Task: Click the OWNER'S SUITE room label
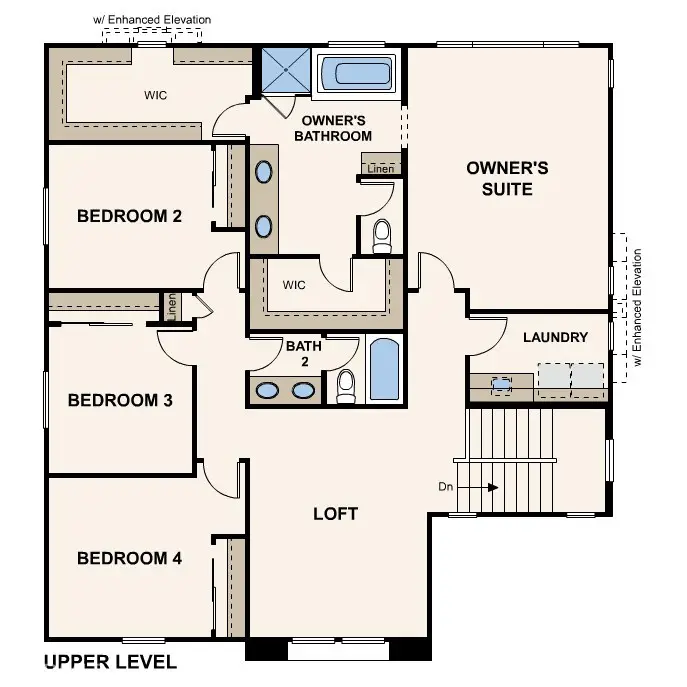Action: pyautogui.click(x=507, y=178)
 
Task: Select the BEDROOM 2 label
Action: pyautogui.click(x=129, y=215)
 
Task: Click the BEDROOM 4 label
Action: pyautogui.click(x=129, y=558)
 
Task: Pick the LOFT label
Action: pyautogui.click(x=335, y=514)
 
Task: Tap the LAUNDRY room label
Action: pyautogui.click(x=556, y=337)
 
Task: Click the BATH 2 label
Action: pyautogui.click(x=303, y=354)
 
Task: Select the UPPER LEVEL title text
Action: pyautogui.click(x=111, y=662)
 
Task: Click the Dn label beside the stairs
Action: pyautogui.click(x=446, y=487)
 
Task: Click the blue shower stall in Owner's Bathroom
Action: pyautogui.click(x=286, y=70)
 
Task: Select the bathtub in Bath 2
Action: pyautogui.click(x=384, y=371)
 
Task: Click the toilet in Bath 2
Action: pyautogui.click(x=346, y=385)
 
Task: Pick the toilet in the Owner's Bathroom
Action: pyautogui.click(x=381, y=236)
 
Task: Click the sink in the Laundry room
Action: pyautogui.click(x=501, y=382)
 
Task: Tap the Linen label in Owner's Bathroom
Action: pyautogui.click(x=380, y=169)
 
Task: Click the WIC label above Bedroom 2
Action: pyautogui.click(x=155, y=95)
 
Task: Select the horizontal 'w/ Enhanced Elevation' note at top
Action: pyautogui.click(x=152, y=20)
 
